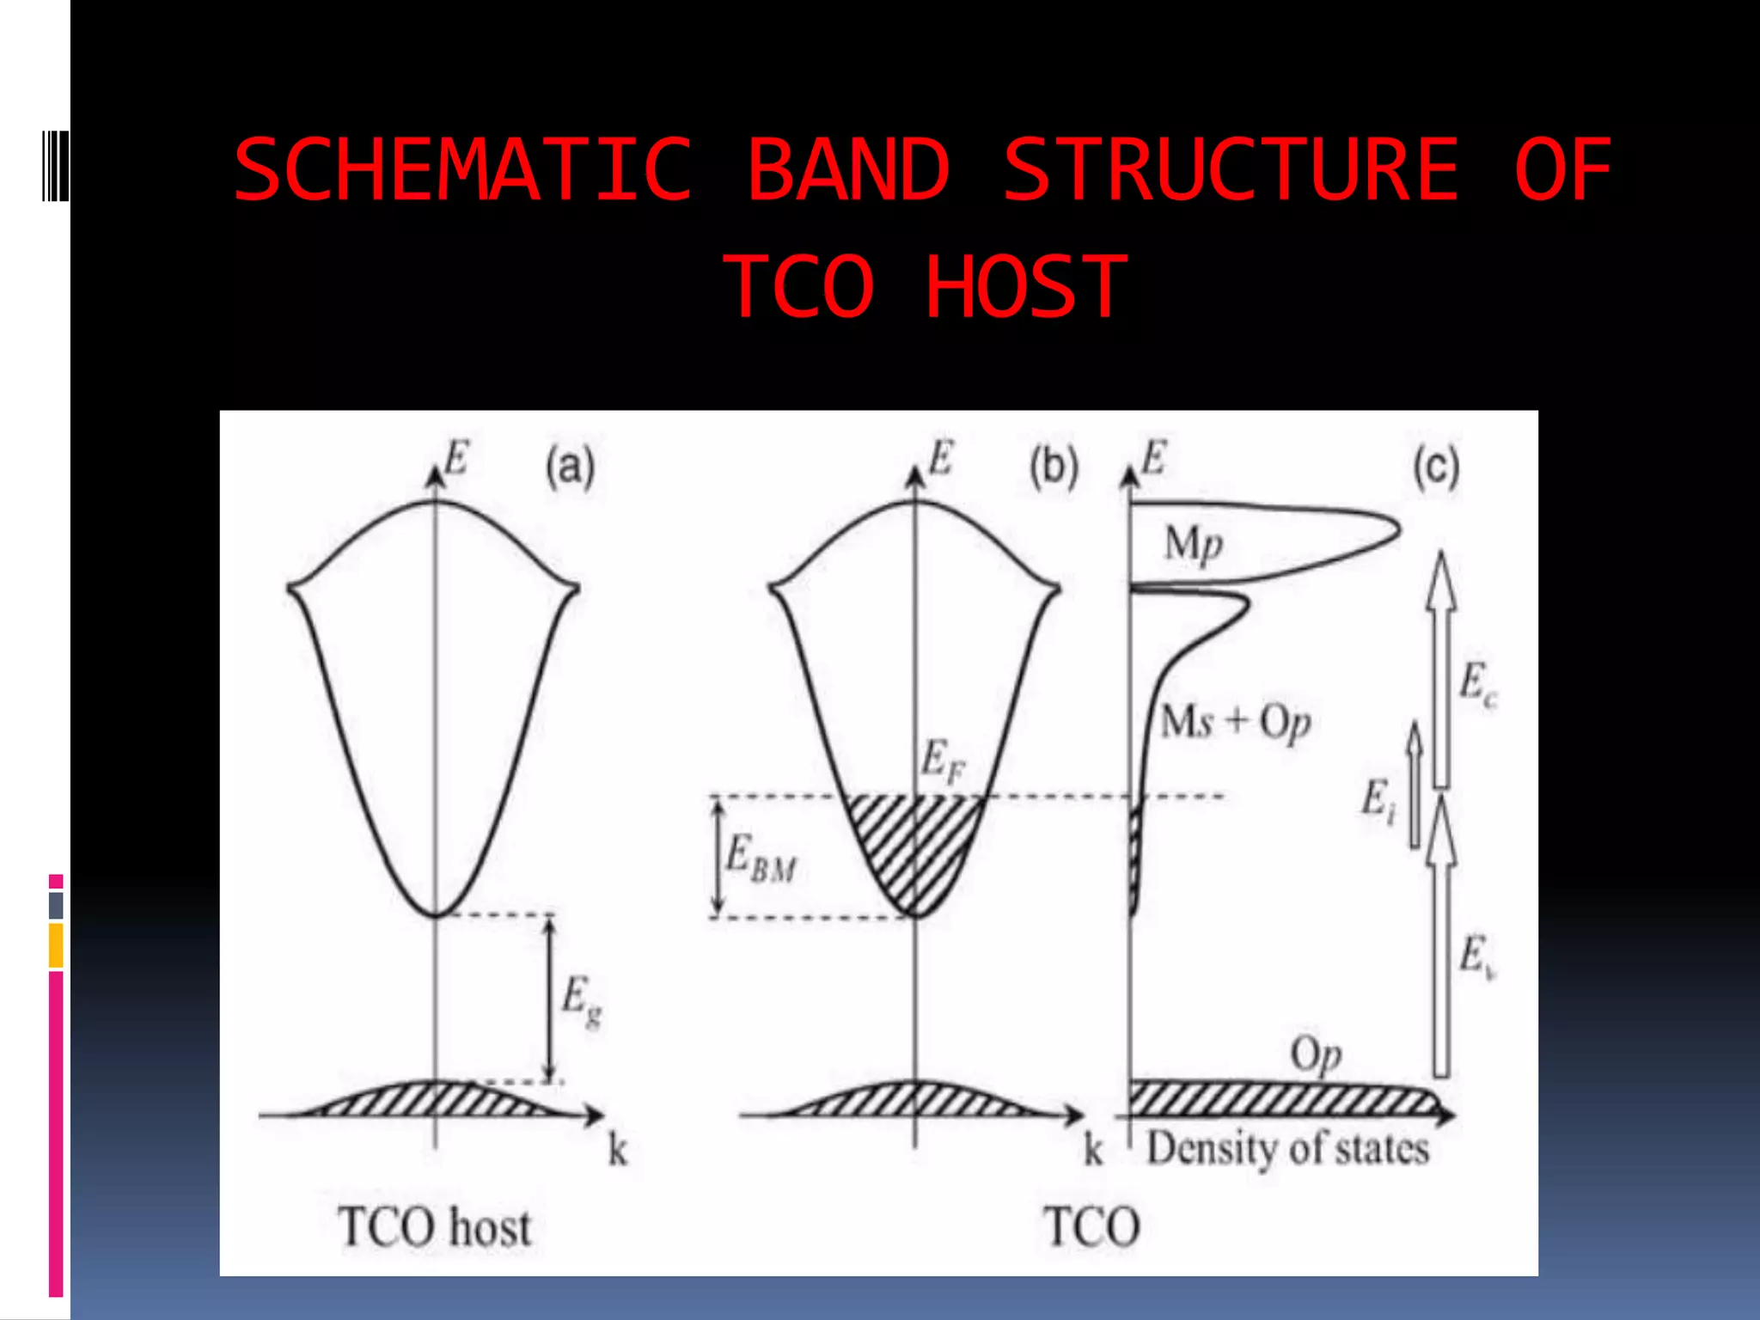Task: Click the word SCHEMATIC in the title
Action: pos(462,170)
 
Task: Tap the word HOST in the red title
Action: pos(1025,288)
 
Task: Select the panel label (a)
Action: pos(570,468)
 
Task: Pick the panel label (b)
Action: pos(1054,468)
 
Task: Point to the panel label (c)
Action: pos(1436,468)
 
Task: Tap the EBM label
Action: pos(760,859)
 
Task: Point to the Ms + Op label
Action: pos(1235,722)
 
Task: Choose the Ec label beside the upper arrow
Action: pos(1477,684)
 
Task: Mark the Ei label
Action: pos(1378,800)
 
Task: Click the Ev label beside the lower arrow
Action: pos(1477,956)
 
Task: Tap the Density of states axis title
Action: pos(1287,1149)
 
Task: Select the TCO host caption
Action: pos(435,1227)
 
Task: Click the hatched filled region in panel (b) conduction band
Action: pos(915,846)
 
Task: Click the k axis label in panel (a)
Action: pos(618,1151)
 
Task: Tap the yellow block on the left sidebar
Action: pos(56,945)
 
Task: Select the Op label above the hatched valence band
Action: pos(1316,1054)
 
